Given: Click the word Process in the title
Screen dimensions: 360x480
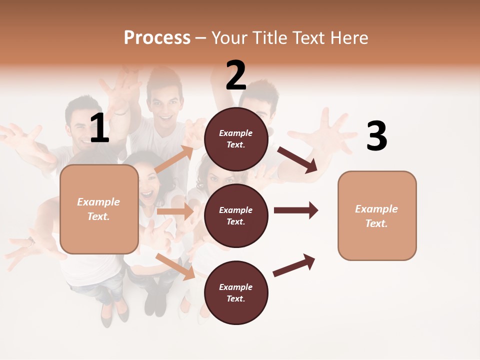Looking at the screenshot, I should [157, 37].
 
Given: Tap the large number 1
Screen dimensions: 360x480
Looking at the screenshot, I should [99, 128].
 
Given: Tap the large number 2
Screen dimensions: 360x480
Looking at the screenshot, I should [236, 76].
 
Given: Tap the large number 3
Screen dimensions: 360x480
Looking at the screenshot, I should [376, 136].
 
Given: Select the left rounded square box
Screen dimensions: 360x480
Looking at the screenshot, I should [99, 209].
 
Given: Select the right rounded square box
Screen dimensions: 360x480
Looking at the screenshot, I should [377, 216].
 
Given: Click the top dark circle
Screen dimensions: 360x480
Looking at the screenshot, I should [236, 139].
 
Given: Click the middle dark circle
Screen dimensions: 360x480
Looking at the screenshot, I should [236, 216].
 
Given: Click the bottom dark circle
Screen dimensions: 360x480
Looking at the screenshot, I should [236, 293].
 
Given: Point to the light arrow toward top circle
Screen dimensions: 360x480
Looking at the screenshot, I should [174, 159].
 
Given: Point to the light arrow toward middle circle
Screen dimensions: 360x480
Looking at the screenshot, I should [175, 211].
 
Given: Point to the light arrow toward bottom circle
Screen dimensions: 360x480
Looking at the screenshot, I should [175, 266].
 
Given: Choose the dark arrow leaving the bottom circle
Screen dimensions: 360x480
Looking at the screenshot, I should [294, 265].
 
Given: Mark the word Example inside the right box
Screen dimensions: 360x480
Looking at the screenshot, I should [376, 209].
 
